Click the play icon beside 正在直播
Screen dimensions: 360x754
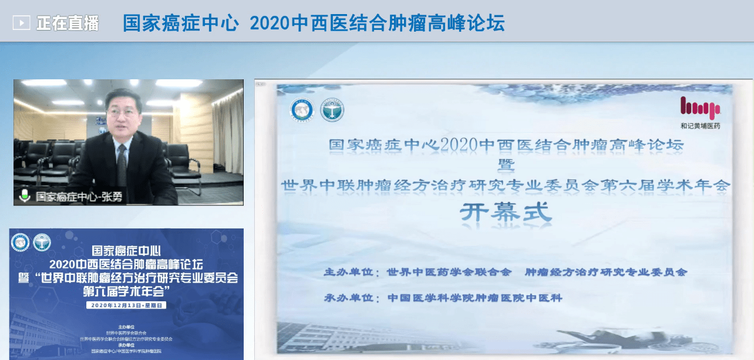(22, 23)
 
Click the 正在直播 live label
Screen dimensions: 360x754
(67, 23)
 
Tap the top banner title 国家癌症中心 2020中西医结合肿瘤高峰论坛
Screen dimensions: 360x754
(313, 23)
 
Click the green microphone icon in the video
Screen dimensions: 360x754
(24, 196)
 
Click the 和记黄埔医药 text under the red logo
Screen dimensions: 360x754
(700, 126)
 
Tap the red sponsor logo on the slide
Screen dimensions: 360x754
(700, 108)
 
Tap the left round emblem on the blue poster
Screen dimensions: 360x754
(21, 241)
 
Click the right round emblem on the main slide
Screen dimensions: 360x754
(332, 110)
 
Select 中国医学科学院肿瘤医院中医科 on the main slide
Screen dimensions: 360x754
(474, 298)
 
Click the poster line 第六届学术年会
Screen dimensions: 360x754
(126, 291)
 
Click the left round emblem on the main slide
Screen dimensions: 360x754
(302, 110)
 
